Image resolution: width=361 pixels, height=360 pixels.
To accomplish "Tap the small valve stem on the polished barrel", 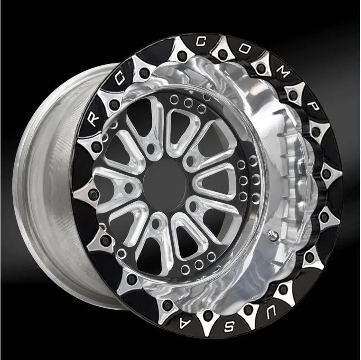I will [271, 233].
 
